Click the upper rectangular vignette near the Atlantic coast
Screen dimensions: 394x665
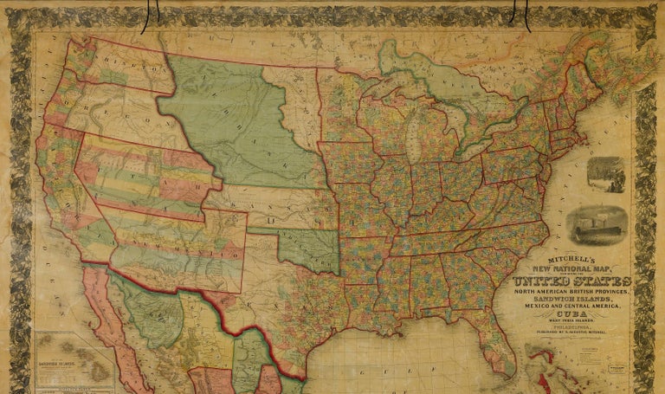click(x=605, y=174)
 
